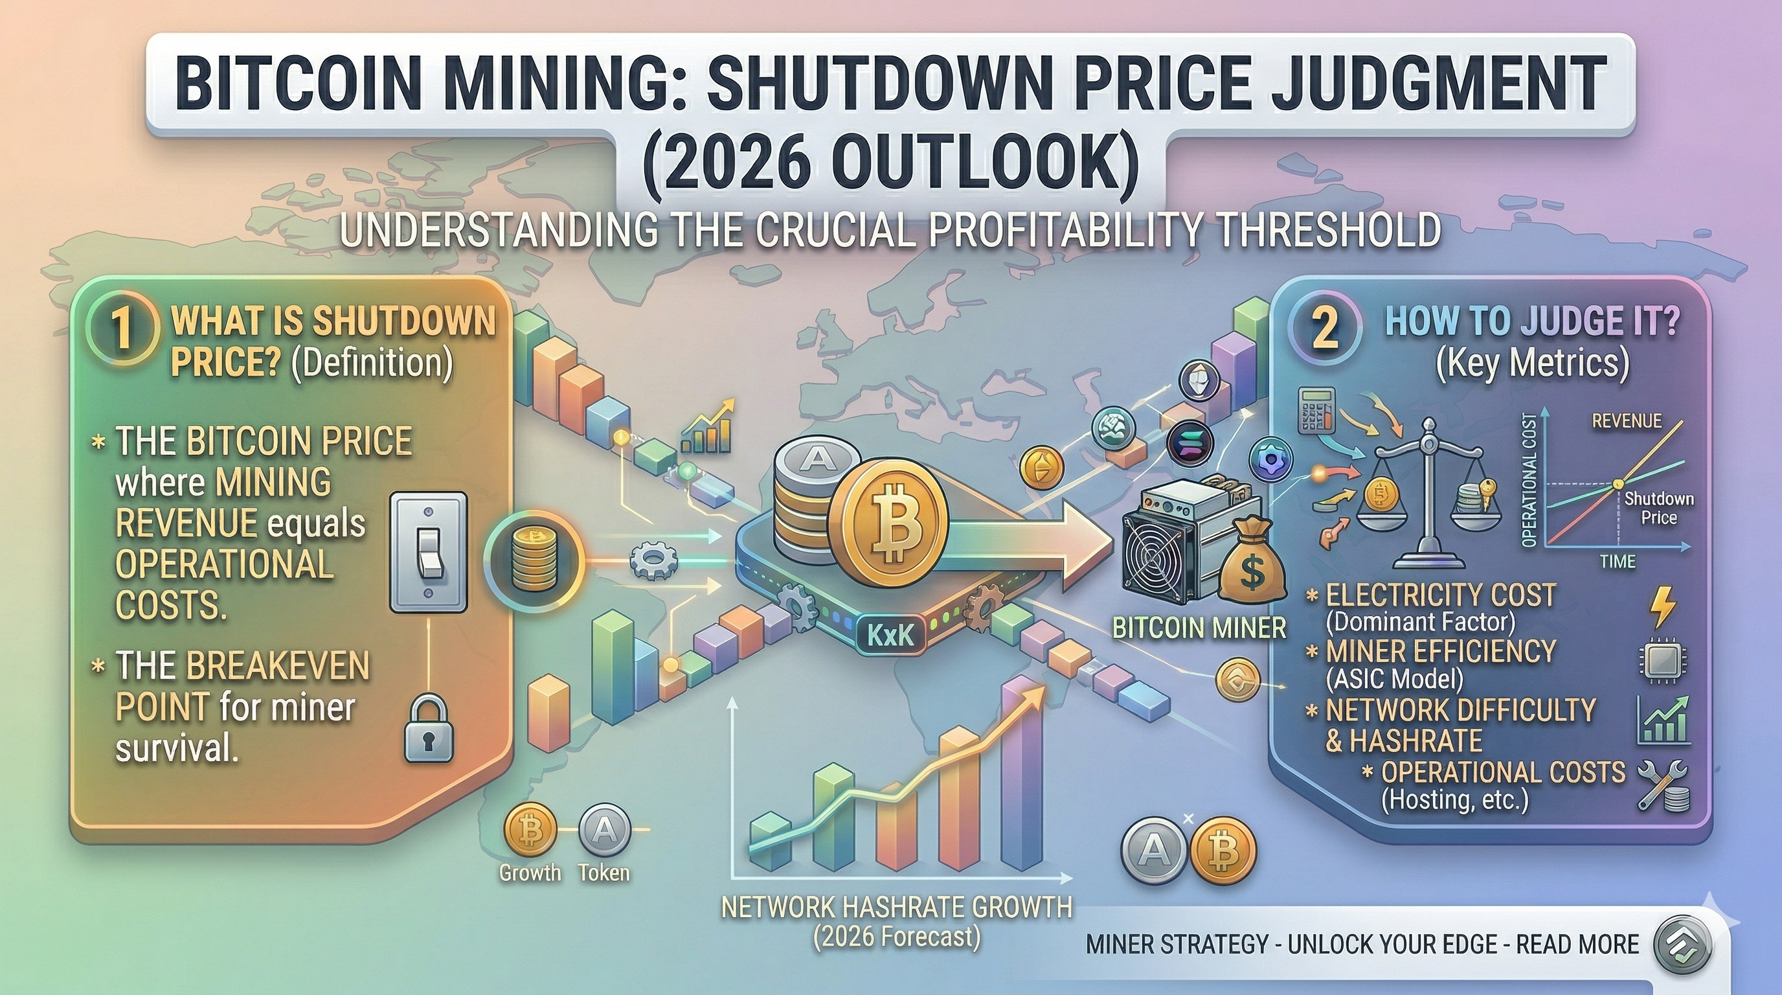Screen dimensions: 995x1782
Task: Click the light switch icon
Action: click(x=428, y=551)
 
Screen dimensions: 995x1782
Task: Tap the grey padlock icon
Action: click(x=428, y=730)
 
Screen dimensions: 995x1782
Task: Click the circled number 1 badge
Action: click(x=121, y=328)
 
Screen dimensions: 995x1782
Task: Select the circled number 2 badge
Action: click(x=1324, y=328)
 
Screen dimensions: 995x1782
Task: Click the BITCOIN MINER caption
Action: click(x=1199, y=628)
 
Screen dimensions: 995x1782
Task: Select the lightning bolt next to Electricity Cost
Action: click(x=1662, y=608)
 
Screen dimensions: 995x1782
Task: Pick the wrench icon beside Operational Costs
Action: click(x=1662, y=786)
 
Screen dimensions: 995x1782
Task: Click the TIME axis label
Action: click(x=1618, y=561)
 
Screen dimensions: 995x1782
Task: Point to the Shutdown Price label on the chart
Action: click(x=1658, y=508)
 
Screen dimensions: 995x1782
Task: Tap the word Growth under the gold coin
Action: click(x=530, y=873)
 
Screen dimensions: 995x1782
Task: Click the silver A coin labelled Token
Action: click(x=604, y=830)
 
